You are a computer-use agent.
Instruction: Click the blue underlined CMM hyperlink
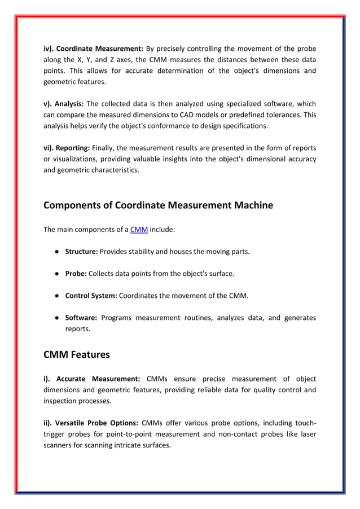pos(139,230)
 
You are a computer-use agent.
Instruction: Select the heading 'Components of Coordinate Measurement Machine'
pos(158,205)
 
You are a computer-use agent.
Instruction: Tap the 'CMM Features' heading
pos(76,355)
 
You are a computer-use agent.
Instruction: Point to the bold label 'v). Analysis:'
pos(64,104)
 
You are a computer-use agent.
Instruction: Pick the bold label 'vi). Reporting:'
pos(67,148)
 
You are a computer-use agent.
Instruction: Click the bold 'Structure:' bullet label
pos(82,252)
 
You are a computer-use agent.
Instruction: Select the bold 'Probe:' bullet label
pos(76,274)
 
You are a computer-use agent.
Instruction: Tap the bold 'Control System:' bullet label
pos(91,296)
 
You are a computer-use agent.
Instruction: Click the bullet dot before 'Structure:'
pos(58,252)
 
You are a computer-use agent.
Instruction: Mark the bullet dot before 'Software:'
pos(58,318)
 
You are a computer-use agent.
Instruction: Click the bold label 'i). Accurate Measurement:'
pos(92,379)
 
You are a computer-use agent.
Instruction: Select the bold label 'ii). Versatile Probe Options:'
pos(91,423)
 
